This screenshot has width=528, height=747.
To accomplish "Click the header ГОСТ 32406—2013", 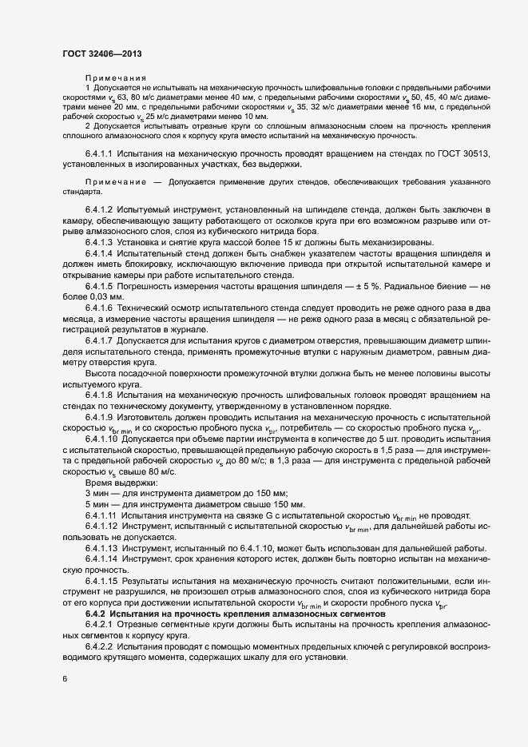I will pos(103,54).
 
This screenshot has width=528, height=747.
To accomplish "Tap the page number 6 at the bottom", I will pos(65,679).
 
